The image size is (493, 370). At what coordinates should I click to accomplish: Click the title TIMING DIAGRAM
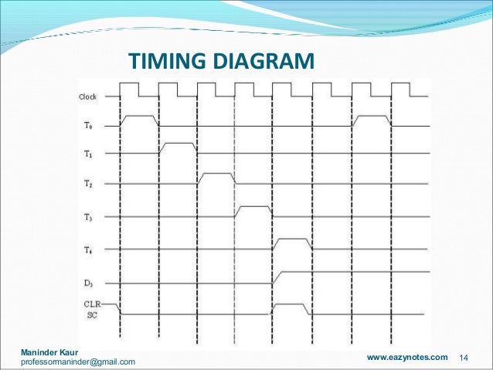click(x=221, y=60)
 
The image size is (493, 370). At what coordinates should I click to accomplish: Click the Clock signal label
click(x=87, y=97)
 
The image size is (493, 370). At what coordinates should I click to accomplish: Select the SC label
click(x=91, y=314)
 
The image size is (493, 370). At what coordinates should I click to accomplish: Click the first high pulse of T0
click(x=139, y=117)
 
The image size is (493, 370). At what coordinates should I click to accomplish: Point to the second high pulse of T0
click(x=372, y=117)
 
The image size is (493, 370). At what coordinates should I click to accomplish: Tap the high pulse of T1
click(x=178, y=144)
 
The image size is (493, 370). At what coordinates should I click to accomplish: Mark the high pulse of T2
click(x=216, y=175)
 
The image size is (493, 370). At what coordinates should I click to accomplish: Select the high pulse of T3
click(x=255, y=208)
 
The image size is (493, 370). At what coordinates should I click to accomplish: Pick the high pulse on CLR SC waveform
click(x=292, y=305)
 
